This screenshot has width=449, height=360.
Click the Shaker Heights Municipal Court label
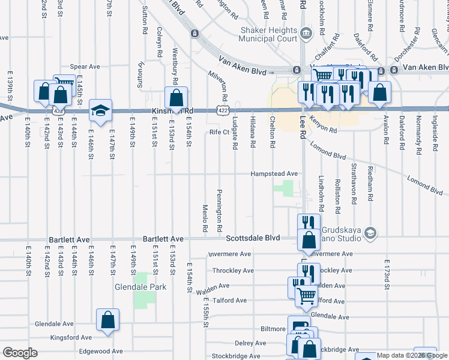(x=268, y=34)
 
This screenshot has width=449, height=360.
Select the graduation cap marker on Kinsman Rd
(x=100, y=110)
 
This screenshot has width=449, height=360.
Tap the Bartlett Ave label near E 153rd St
(x=163, y=238)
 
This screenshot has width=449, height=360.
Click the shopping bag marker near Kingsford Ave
(x=107, y=320)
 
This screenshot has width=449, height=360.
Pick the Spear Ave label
(x=85, y=67)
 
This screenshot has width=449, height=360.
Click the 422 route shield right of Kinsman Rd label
(x=221, y=110)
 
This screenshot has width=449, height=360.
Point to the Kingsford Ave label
(x=71, y=338)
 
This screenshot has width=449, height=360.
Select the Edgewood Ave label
(x=100, y=351)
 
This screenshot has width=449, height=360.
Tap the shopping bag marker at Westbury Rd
(x=176, y=97)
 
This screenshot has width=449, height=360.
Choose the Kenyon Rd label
(x=324, y=124)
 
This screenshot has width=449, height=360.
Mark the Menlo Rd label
(x=205, y=218)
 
